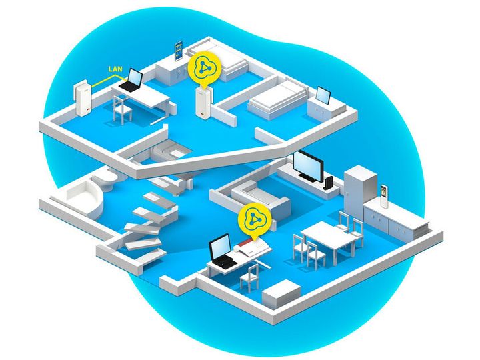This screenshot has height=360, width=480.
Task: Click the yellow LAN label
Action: (115, 69)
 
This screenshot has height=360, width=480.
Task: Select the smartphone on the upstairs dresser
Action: (179, 51)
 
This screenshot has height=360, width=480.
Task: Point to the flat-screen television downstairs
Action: (307, 167)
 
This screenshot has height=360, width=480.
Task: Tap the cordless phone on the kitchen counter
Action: (383, 197)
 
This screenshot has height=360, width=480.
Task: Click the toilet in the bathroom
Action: (105, 180)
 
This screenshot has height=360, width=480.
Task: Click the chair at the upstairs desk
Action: (123, 109)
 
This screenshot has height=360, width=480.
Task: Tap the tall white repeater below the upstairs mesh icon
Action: (203, 102)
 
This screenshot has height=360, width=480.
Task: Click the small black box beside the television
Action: (329, 183)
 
